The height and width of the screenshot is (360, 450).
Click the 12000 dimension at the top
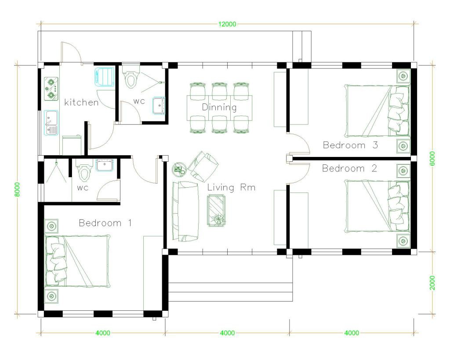[227, 24]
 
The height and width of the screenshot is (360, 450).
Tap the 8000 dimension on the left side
[18, 189]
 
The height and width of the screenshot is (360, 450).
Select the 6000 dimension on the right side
[432, 158]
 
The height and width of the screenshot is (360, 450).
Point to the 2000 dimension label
[432, 283]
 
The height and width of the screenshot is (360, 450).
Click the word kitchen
[81, 102]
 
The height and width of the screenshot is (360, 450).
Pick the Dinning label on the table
[219, 107]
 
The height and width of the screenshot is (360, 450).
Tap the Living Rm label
[231, 187]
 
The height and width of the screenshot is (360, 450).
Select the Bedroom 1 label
[105, 223]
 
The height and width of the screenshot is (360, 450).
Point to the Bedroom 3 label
[350, 145]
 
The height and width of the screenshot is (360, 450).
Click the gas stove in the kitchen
[51, 89]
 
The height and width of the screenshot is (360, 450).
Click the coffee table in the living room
[216, 211]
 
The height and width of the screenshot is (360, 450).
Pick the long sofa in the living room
[185, 211]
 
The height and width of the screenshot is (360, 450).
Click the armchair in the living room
[203, 167]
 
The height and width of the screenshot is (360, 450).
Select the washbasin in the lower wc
[104, 165]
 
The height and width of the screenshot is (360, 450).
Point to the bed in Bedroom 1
[77, 261]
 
